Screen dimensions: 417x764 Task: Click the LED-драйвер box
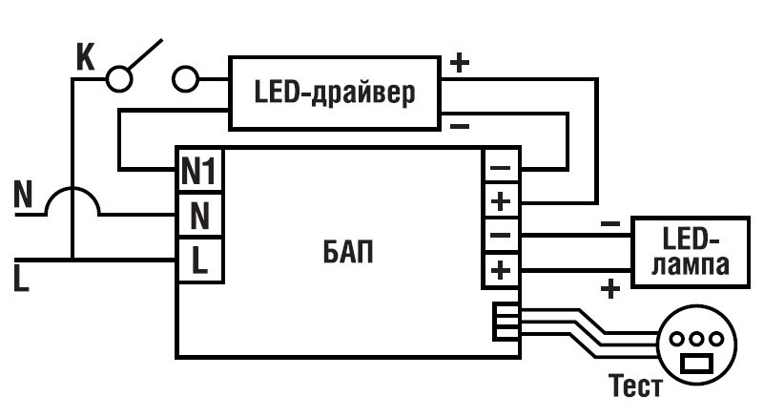point(335,93)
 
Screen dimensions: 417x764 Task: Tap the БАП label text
point(344,254)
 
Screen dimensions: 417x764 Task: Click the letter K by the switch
point(85,57)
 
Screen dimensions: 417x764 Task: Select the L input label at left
point(21,279)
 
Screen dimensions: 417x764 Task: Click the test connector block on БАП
point(503,321)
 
